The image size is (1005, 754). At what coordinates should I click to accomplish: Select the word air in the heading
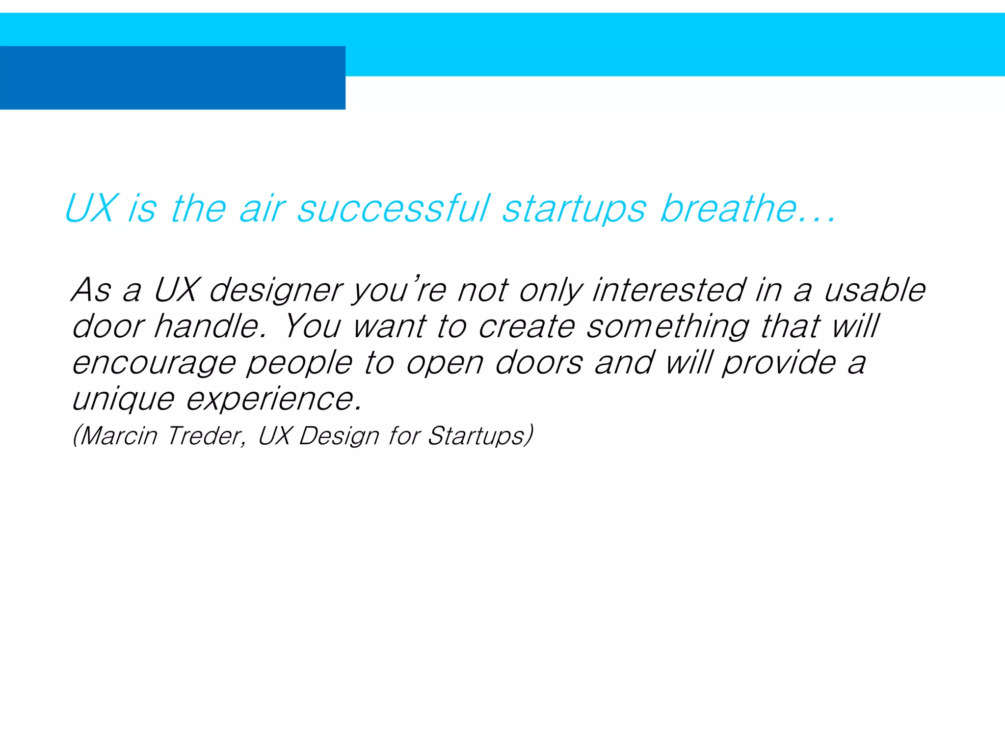(263, 209)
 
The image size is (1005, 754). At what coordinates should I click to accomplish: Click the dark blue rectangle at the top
(172, 78)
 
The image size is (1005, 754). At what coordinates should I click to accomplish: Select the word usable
(874, 290)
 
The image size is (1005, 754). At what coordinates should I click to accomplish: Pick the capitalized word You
(312, 326)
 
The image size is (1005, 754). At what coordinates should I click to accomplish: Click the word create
(526, 326)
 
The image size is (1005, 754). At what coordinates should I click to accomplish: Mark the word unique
(123, 400)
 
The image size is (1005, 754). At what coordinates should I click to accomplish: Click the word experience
(274, 400)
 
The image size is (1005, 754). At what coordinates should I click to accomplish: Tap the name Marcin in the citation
(118, 435)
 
